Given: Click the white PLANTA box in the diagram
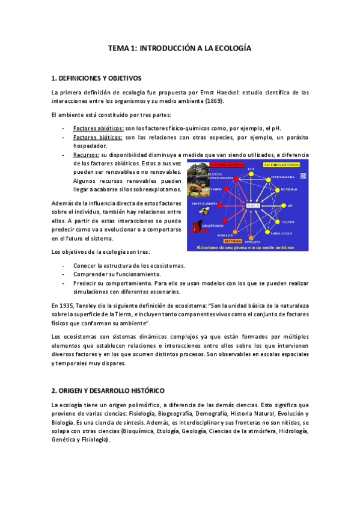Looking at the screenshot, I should pyautogui.click(x=252, y=206).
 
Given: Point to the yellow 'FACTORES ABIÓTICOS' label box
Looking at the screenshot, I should pyautogui.click(x=276, y=164).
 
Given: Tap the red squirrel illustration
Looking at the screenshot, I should pyautogui.click(x=197, y=227).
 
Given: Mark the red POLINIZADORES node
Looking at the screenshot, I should pyautogui.click(x=221, y=206).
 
